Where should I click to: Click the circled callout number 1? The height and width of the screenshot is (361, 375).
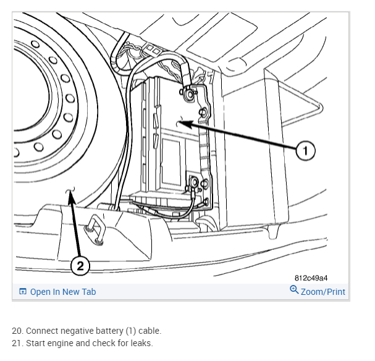point(305,150)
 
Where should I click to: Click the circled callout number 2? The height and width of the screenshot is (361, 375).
point(79,266)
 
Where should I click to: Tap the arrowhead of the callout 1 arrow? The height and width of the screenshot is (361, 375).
point(179,124)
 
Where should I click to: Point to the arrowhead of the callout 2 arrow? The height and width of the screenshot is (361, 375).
point(70,193)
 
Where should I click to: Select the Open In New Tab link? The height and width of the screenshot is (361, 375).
point(62,292)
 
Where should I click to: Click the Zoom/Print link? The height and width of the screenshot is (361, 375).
point(322,292)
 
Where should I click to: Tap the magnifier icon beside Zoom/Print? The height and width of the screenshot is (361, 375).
point(294,290)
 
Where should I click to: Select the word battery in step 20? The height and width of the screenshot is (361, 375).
point(103,331)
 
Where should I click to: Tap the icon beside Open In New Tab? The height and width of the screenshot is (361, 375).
point(23,292)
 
